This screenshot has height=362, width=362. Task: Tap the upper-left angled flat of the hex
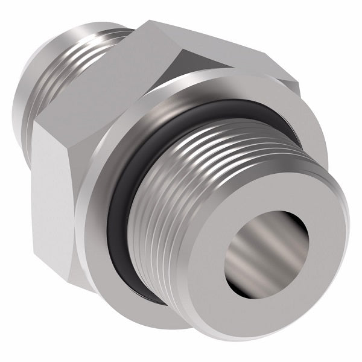point(103,84)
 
